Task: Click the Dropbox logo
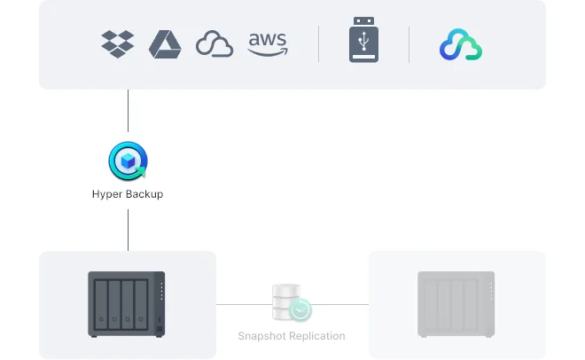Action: pyautogui.click(x=117, y=43)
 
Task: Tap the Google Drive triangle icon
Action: pyautogui.click(x=165, y=43)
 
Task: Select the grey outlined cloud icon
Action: pyautogui.click(x=214, y=43)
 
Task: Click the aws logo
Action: pyautogui.click(x=268, y=43)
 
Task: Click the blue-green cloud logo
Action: pyautogui.click(x=460, y=44)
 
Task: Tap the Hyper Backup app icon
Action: pyautogui.click(x=128, y=162)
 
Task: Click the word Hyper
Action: pyautogui.click(x=108, y=194)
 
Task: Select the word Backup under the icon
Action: pyautogui.click(x=144, y=194)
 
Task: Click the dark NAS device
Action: pyautogui.click(x=127, y=304)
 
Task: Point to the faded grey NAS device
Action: pyautogui.click(x=456, y=304)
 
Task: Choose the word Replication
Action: pyautogui.click(x=316, y=336)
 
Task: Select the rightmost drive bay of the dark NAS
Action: pyautogui.click(x=142, y=304)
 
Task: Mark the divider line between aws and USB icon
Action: pyautogui.click(x=319, y=43)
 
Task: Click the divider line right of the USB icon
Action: pyautogui.click(x=409, y=43)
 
